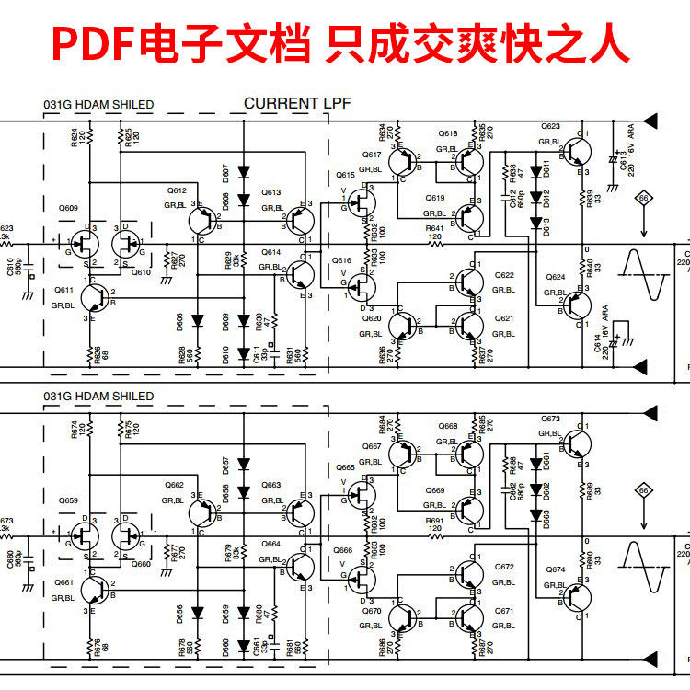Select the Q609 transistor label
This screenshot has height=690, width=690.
click(x=68, y=208)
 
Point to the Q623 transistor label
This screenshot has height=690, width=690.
click(x=550, y=126)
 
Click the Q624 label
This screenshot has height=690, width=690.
click(x=555, y=277)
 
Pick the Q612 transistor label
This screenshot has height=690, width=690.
click(x=177, y=190)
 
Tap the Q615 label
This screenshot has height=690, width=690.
click(x=345, y=175)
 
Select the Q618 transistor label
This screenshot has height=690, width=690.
click(x=448, y=134)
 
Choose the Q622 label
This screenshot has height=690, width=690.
click(x=504, y=275)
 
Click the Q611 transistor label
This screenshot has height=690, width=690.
click(x=64, y=289)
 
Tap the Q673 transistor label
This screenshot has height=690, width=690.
click(x=550, y=420)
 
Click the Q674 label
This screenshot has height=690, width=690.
click(x=555, y=569)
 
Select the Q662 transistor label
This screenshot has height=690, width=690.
click(x=175, y=485)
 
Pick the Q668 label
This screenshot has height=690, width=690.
click(x=448, y=427)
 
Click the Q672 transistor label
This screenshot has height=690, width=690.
click(x=504, y=567)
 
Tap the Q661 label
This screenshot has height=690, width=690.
click(x=64, y=582)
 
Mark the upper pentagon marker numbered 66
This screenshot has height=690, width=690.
click(x=644, y=199)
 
